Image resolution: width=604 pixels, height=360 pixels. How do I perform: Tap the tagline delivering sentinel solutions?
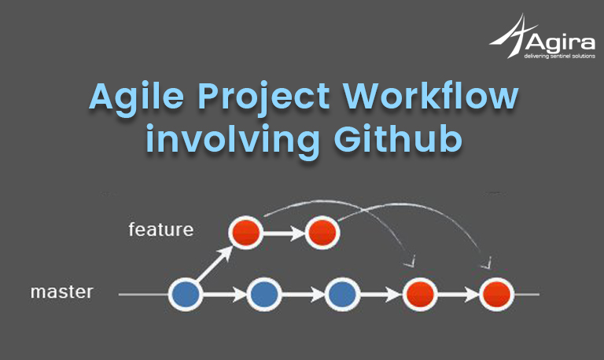559,57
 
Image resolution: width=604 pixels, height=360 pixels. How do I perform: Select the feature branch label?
161,230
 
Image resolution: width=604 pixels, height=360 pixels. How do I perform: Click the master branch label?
62,292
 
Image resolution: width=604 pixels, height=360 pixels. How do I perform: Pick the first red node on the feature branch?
245,233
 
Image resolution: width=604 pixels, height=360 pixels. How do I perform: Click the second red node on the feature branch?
322,233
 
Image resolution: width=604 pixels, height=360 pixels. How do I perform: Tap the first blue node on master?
186,295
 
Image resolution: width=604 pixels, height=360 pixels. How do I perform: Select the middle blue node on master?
264,295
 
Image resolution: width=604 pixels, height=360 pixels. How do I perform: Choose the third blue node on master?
342,295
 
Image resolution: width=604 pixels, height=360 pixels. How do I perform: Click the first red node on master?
420,295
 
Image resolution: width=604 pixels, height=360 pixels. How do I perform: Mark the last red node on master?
497,295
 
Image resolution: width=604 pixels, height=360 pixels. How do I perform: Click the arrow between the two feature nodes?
284,233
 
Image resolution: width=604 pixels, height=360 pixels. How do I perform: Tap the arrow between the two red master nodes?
459,295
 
